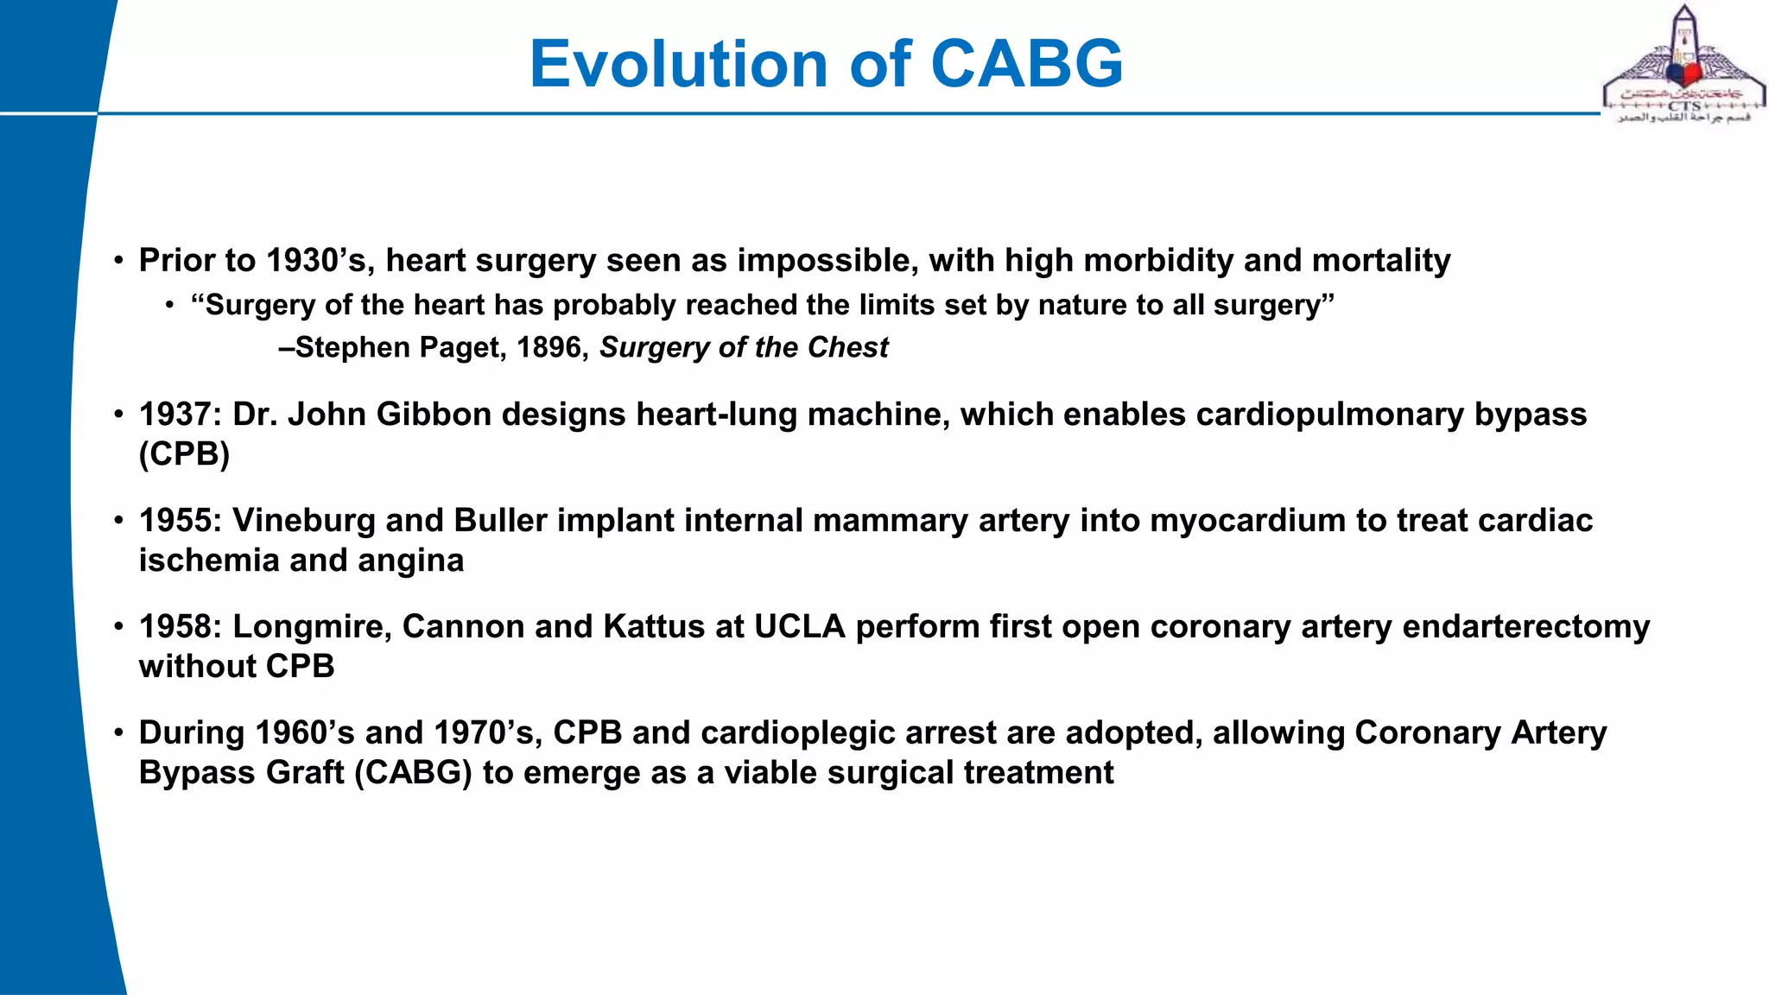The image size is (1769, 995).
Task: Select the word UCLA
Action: pyautogui.click(x=799, y=627)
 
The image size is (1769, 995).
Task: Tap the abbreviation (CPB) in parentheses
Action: pyautogui.click(x=184, y=454)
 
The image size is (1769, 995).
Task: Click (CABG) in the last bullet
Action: pyautogui.click(x=413, y=773)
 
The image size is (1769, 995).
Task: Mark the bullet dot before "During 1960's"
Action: pyautogui.click(x=119, y=733)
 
